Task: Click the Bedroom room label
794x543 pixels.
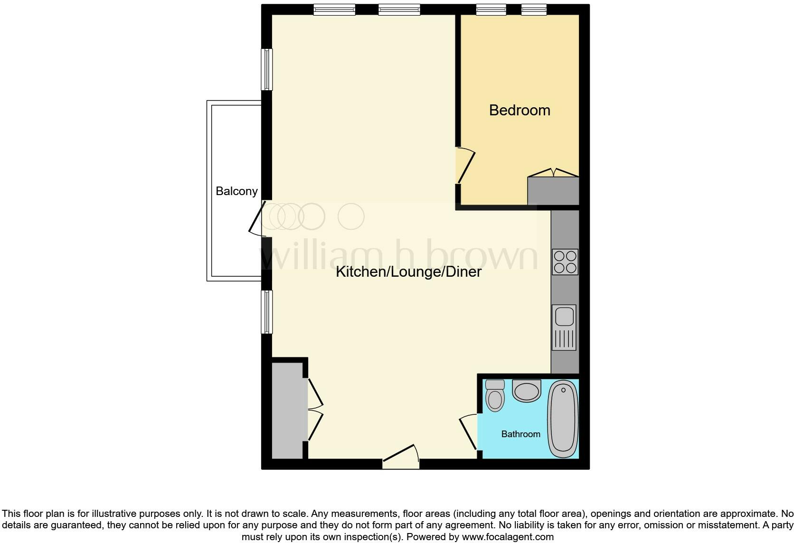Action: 520,110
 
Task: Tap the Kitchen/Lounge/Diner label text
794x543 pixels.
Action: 408,271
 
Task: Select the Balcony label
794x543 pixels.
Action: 236,191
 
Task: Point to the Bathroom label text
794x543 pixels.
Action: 520,434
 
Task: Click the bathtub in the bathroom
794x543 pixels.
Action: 563,419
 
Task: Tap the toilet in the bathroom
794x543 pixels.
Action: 495,395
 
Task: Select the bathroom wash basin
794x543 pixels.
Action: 527,391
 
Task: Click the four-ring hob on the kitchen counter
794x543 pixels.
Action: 565,262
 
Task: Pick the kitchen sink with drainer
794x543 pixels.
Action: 564,328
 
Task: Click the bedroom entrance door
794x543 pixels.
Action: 465,166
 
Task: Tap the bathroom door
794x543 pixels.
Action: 469,431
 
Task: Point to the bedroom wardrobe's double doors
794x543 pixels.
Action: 553,172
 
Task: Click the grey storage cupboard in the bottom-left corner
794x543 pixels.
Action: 287,410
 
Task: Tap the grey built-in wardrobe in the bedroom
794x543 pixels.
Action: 553,191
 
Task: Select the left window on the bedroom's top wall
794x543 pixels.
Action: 491,9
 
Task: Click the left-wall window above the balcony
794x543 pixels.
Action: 267,69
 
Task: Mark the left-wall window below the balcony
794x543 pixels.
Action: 267,312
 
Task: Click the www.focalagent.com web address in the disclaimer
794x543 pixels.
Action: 508,537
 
